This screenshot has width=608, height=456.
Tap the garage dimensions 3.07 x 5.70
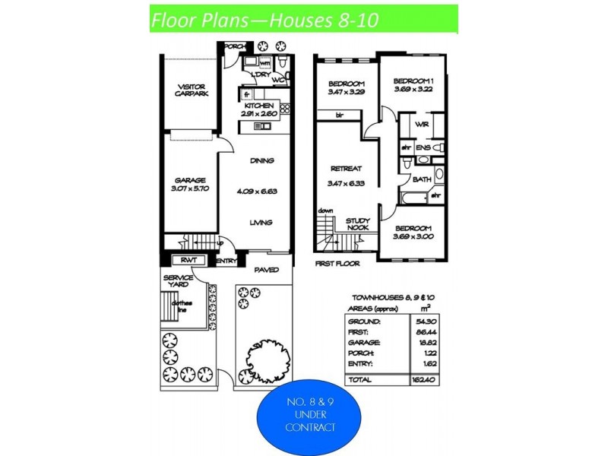point(191,190)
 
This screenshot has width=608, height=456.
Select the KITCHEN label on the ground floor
point(259,106)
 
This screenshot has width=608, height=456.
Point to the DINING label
point(261,160)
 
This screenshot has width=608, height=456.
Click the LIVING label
point(261,223)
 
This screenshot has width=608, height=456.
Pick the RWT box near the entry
point(188,260)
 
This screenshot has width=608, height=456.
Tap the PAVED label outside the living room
point(267,270)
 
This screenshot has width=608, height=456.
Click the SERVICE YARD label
point(179,280)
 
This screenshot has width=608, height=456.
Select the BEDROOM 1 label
point(413,81)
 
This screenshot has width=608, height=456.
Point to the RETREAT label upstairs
point(345,169)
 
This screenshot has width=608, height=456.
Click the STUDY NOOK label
point(358,223)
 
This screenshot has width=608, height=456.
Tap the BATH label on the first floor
point(422,179)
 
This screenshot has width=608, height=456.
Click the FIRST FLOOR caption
point(337,263)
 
